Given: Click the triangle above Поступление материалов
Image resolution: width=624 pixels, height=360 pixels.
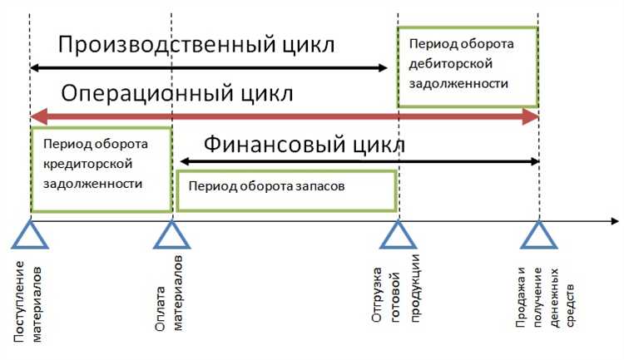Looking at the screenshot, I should tap(30, 235).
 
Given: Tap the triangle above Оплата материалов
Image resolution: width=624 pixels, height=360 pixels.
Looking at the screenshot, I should tap(171, 235).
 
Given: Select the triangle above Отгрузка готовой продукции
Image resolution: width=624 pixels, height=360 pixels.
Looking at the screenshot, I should tap(399, 235).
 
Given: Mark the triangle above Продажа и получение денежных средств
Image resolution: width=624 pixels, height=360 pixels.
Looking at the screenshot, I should tap(538, 235).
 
